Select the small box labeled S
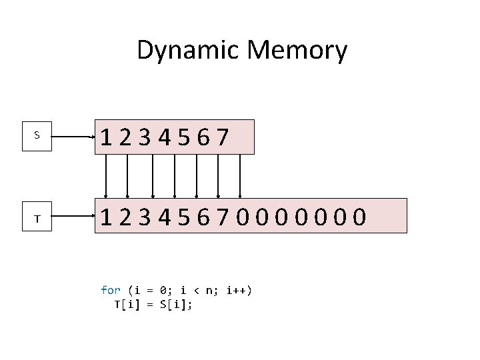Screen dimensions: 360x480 pyautogui.click(x=37, y=135)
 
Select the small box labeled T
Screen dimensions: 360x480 pyautogui.click(x=37, y=218)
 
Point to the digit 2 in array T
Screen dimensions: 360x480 pyautogui.click(x=125, y=217)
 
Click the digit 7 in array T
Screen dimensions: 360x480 pyautogui.click(x=223, y=217)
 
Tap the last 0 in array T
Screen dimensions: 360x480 pyautogui.click(x=359, y=217)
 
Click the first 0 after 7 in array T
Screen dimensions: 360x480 pyautogui.click(x=243, y=217)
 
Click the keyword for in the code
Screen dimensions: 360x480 pyautogui.click(x=110, y=290)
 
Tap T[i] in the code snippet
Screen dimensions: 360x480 pyautogui.click(x=127, y=304)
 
